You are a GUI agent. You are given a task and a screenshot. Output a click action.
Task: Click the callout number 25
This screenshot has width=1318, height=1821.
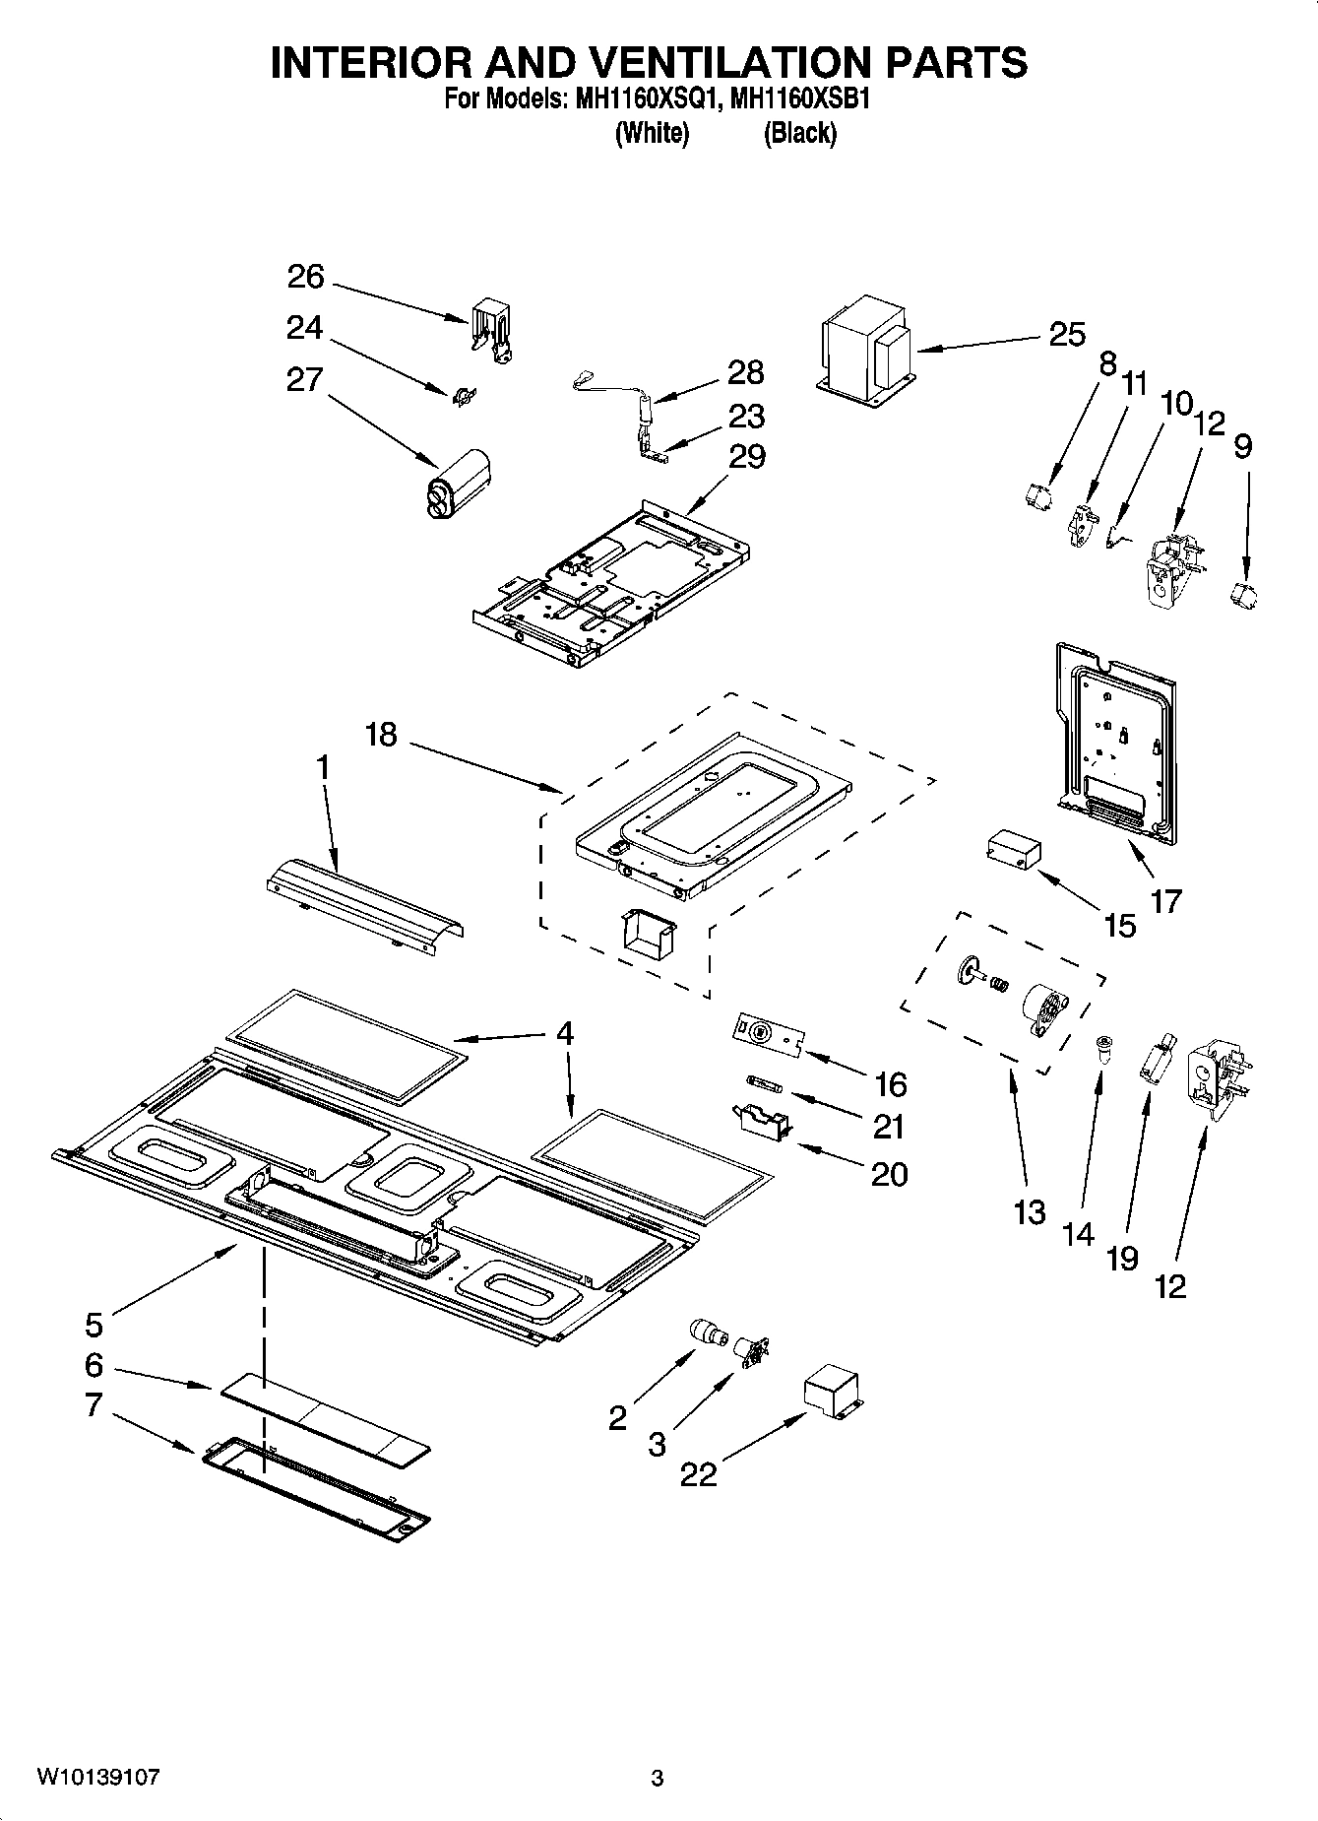(1066, 335)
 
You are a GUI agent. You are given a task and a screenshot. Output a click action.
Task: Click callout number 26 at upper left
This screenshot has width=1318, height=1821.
(305, 277)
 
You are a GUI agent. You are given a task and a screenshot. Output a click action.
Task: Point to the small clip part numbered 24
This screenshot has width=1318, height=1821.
(464, 396)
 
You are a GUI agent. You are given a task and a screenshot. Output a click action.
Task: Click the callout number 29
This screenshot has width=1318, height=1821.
(747, 457)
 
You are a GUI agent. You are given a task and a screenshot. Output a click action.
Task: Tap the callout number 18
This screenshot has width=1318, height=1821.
(381, 734)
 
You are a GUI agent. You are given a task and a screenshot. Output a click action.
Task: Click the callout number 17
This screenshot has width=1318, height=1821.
(1166, 900)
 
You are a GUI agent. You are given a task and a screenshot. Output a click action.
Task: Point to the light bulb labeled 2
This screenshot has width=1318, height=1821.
(707, 1333)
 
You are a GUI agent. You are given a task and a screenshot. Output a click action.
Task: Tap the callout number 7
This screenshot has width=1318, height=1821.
(94, 1405)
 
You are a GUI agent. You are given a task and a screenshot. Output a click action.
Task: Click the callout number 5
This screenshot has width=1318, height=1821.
(94, 1325)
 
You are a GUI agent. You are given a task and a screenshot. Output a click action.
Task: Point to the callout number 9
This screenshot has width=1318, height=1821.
(1242, 446)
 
